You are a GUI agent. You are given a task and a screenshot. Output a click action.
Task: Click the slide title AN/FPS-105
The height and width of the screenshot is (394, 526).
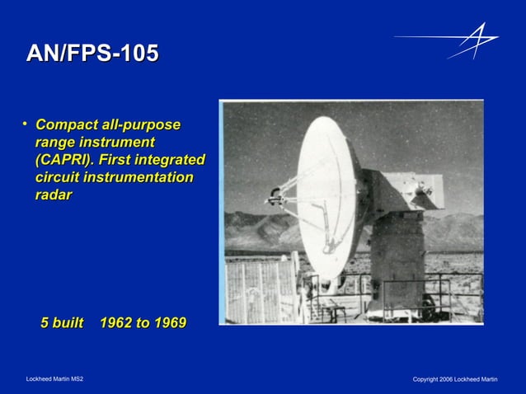coord(92,54)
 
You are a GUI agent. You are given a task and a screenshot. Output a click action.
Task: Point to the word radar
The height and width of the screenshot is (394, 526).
coord(54,195)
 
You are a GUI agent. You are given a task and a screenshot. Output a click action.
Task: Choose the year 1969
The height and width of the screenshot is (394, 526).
coord(167,323)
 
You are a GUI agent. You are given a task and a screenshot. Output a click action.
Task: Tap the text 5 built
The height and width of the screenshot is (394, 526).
coord(63,323)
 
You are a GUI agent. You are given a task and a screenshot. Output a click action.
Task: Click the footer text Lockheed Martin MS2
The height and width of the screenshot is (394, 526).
coord(54,379)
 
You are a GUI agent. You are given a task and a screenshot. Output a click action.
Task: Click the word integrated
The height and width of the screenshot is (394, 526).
coord(167,160)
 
